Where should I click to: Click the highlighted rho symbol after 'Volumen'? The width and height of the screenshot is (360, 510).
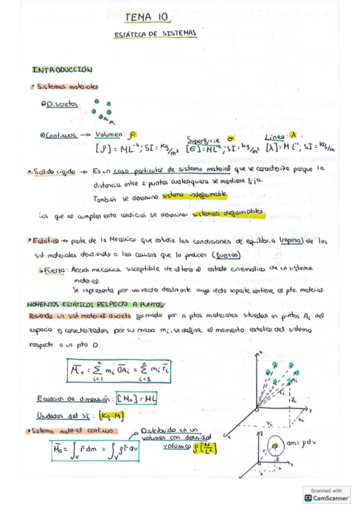point(132,135)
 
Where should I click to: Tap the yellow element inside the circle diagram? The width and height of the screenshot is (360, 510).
point(276,446)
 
